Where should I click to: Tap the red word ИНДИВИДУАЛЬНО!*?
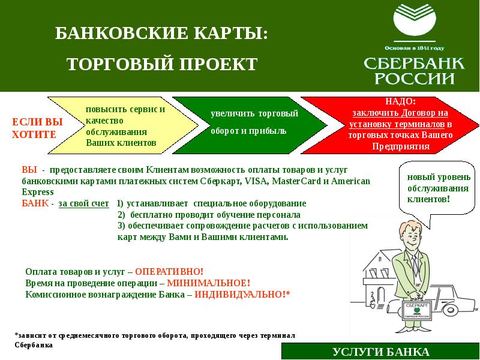click(x=242, y=294)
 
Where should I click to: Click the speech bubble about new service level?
click(x=433, y=189)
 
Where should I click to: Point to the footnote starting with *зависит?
click(x=155, y=340)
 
